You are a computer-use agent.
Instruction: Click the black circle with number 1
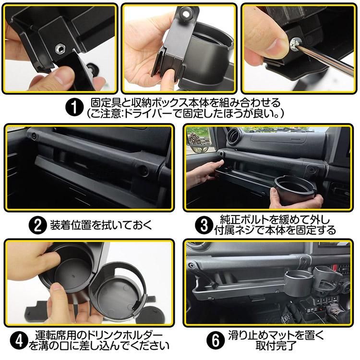[74, 108]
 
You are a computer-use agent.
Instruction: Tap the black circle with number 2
[37, 226]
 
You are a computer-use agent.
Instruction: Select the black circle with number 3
[204, 226]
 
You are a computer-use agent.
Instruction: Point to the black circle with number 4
[19, 341]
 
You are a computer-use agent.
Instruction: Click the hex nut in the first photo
[60, 48]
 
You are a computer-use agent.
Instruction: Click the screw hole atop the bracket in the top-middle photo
[186, 14]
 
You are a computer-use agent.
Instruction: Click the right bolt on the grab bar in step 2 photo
[144, 170]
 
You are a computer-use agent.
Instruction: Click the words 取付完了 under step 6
[276, 346]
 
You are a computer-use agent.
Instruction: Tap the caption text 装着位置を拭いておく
[101, 225]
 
